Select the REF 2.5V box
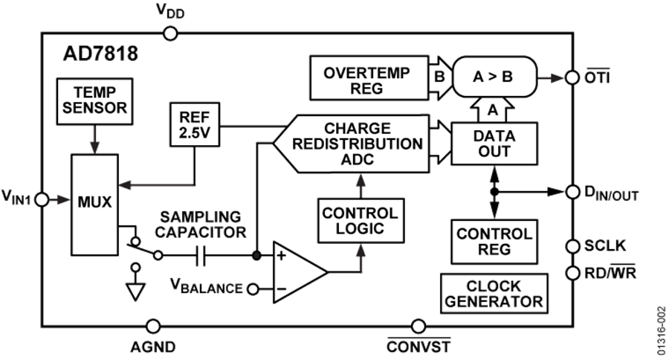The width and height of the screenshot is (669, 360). pyautogui.click(x=193, y=125)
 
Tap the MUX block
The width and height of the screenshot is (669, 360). pyautogui.click(x=95, y=200)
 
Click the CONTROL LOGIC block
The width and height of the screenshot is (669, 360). pyautogui.click(x=359, y=220)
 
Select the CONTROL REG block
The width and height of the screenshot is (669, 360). pyautogui.click(x=493, y=242)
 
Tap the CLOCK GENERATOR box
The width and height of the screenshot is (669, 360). pyautogui.click(x=494, y=294)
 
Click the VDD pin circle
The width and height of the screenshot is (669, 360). pyautogui.click(x=169, y=33)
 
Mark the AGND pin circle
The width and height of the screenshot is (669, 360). pyautogui.click(x=152, y=325)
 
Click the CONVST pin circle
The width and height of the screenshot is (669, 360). pyautogui.click(x=418, y=325)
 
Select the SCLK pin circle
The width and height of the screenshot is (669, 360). pyautogui.click(x=572, y=245)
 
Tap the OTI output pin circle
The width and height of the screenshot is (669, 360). pyautogui.click(x=572, y=77)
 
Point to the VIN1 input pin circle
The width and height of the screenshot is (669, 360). pyautogui.click(x=42, y=200)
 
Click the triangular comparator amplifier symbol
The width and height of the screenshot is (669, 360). pyautogui.click(x=297, y=271)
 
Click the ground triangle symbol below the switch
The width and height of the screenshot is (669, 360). pyautogui.click(x=134, y=291)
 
